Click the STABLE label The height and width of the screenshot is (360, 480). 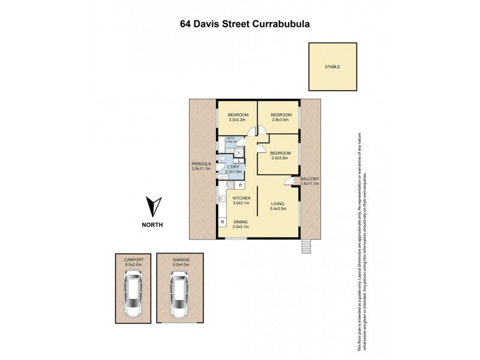(x=332, y=67)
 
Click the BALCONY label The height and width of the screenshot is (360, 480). (x=310, y=179)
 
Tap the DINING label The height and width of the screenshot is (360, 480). (x=241, y=221)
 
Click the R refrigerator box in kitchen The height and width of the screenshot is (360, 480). (x=222, y=222)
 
